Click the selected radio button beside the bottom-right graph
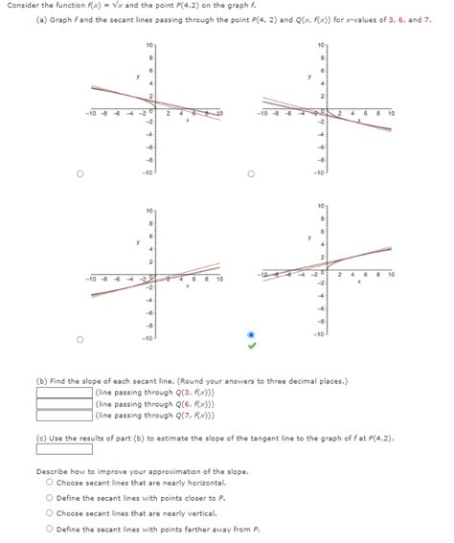(251, 336)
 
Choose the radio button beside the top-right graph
(251, 174)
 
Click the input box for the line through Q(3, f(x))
(65, 393)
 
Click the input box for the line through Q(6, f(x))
(65, 404)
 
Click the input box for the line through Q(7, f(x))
(65, 416)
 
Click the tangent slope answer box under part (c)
(65, 449)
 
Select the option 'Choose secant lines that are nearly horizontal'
(48, 483)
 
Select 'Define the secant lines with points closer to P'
(48, 498)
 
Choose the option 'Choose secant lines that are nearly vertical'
(48, 513)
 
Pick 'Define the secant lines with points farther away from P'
(48, 529)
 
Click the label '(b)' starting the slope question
(42, 380)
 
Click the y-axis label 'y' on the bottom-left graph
(137, 243)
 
